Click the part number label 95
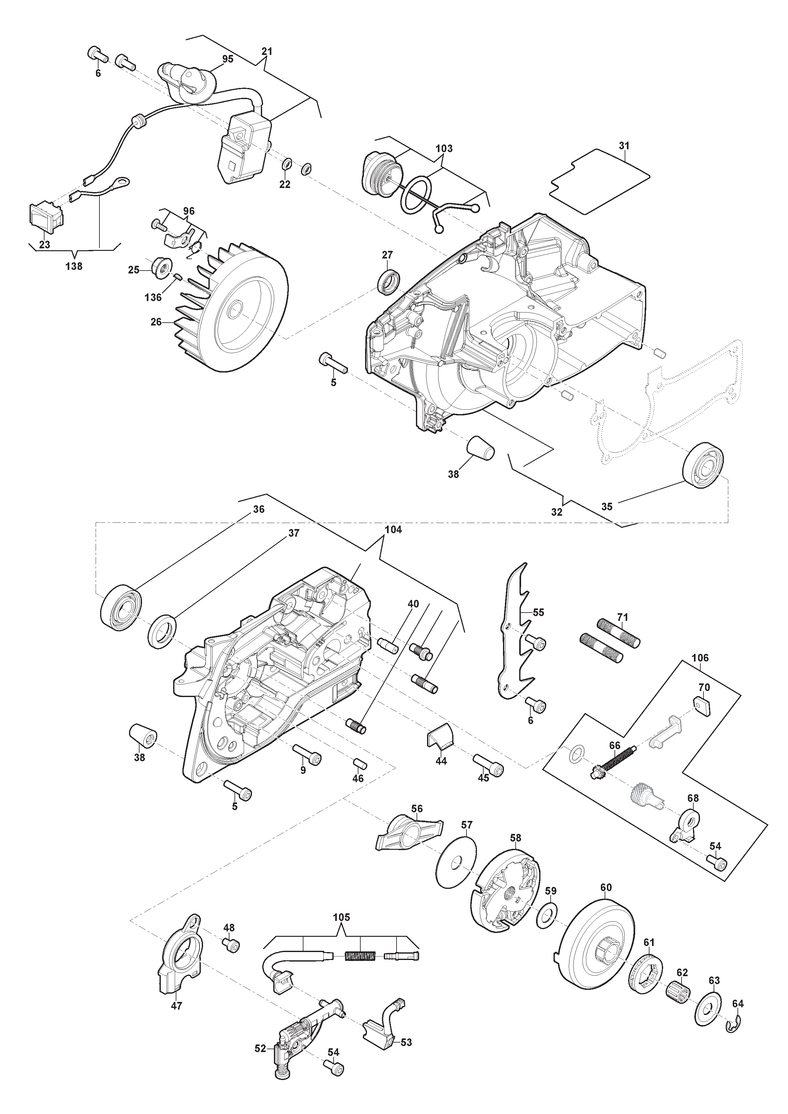tap(228, 59)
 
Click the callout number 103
tap(444, 149)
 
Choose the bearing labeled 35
tap(703, 465)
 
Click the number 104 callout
tap(393, 530)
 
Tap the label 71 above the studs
tap(622, 617)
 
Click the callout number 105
tap(341, 917)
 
